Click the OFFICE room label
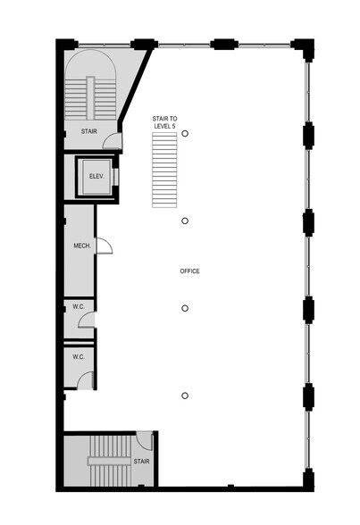pyautogui.click(x=188, y=271)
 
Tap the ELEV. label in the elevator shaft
pyautogui.click(x=96, y=176)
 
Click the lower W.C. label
pyautogui.click(x=78, y=357)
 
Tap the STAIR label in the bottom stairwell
pyautogui.click(x=140, y=462)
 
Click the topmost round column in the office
pyautogui.click(x=185, y=133)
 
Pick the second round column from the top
pyautogui.click(x=185, y=221)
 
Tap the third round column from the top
pyautogui.click(x=185, y=308)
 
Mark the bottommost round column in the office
pyautogui.click(x=185, y=396)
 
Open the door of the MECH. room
pyautogui.click(x=103, y=246)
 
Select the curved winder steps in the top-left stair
pyautogui.click(x=93, y=66)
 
